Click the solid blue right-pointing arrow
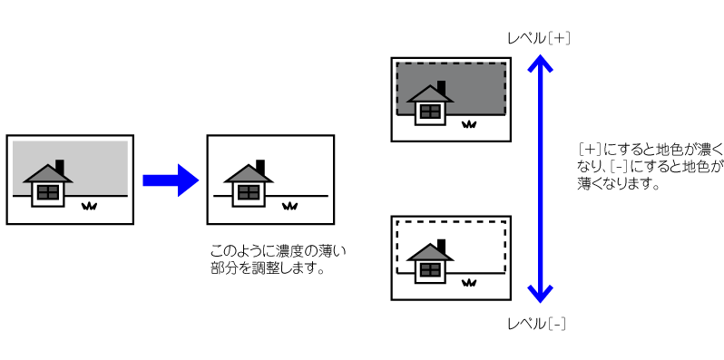171,180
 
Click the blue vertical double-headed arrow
540,179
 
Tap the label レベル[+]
538,39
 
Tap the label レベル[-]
536,324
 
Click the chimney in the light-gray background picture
59,167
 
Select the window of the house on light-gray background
48,192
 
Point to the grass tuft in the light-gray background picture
89,206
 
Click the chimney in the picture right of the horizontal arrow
260,167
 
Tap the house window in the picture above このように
249,192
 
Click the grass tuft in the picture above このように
290,206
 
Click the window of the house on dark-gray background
431,112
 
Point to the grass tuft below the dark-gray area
469,123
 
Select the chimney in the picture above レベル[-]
442,246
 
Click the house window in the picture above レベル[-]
431,269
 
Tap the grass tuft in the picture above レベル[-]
469,282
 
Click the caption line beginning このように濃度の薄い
278,251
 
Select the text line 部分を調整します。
267,268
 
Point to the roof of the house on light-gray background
47,173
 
